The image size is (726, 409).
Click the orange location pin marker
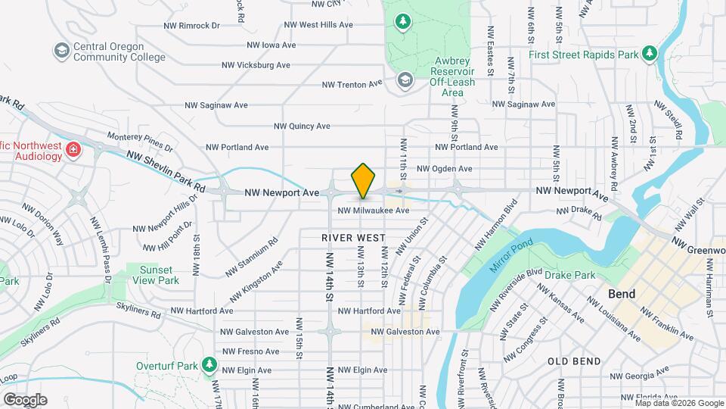[364, 181]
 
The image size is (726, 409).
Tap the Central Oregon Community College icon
[61, 50]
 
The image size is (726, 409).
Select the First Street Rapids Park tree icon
[648, 53]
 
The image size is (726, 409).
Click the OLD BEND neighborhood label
[574, 361]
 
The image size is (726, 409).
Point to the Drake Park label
[574, 276]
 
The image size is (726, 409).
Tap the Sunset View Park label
[152, 275]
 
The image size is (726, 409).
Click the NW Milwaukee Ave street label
[373, 211]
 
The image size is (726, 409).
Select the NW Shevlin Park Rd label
[166, 171]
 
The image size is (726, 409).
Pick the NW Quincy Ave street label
[302, 126]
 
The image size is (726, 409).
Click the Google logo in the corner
[25, 400]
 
